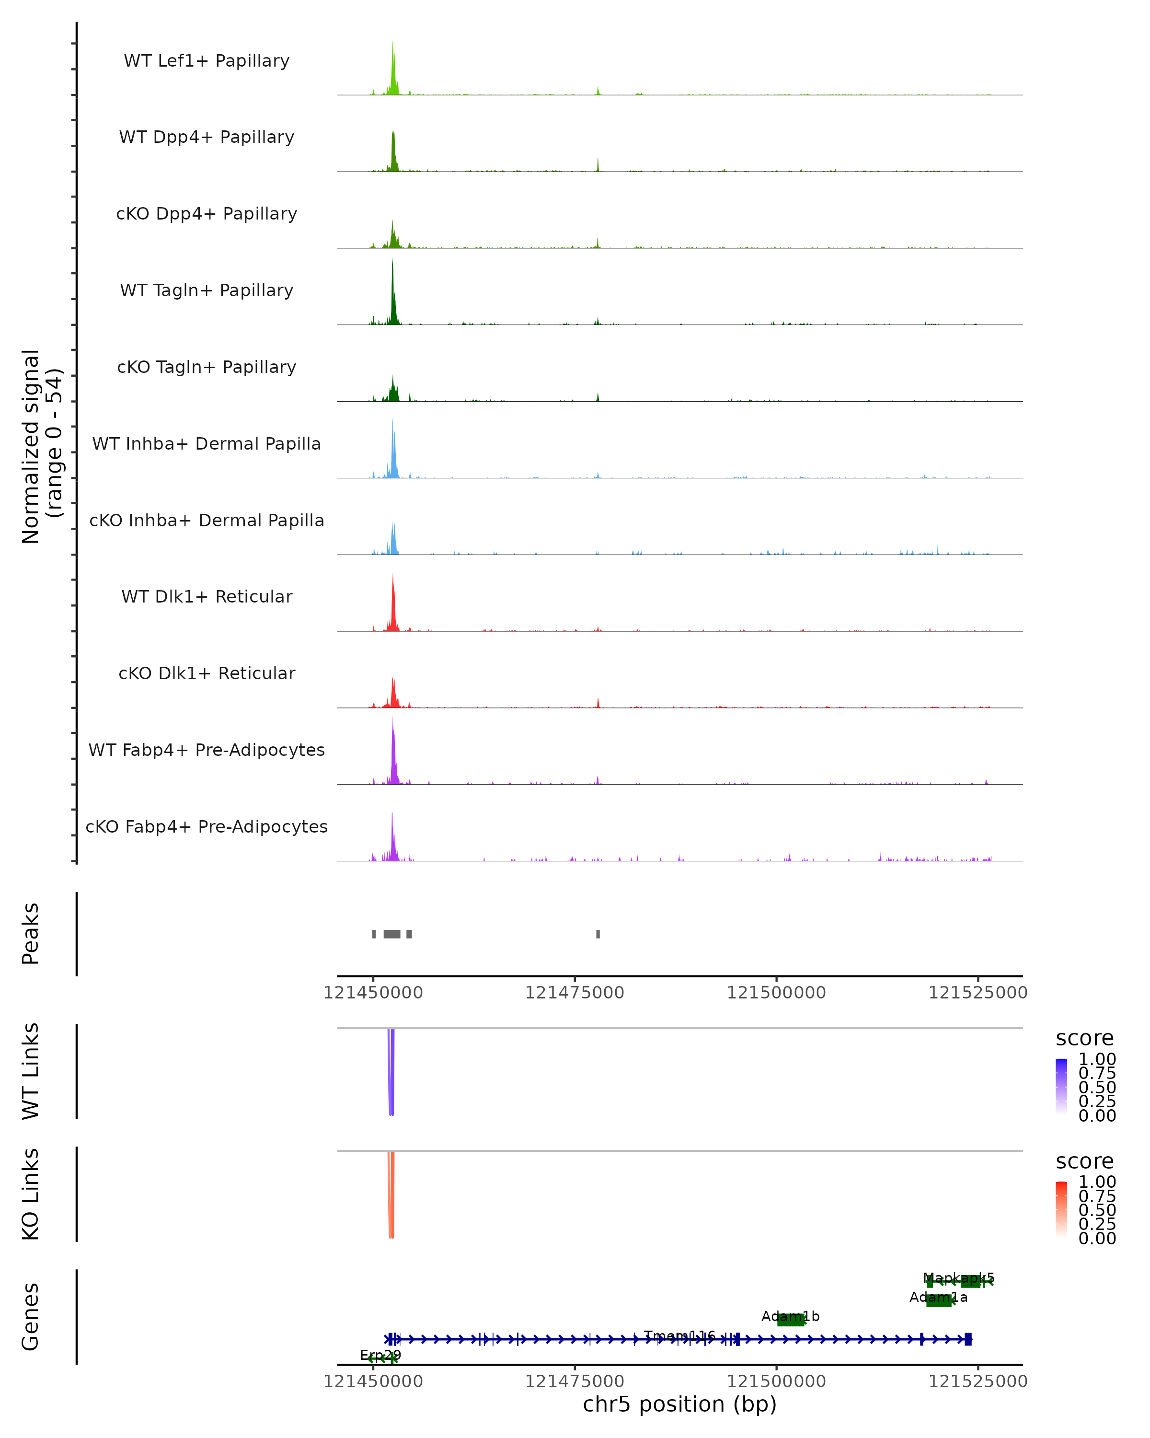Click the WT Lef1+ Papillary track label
click(207, 61)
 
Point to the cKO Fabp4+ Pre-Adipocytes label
click(207, 826)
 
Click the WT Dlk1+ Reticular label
click(207, 596)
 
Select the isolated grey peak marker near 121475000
click(598, 934)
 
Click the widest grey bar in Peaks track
click(392, 934)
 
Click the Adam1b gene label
click(790, 1316)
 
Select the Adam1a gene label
click(938, 1297)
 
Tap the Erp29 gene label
click(380, 1355)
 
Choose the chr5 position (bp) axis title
click(679, 1404)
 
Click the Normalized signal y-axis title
click(41, 446)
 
